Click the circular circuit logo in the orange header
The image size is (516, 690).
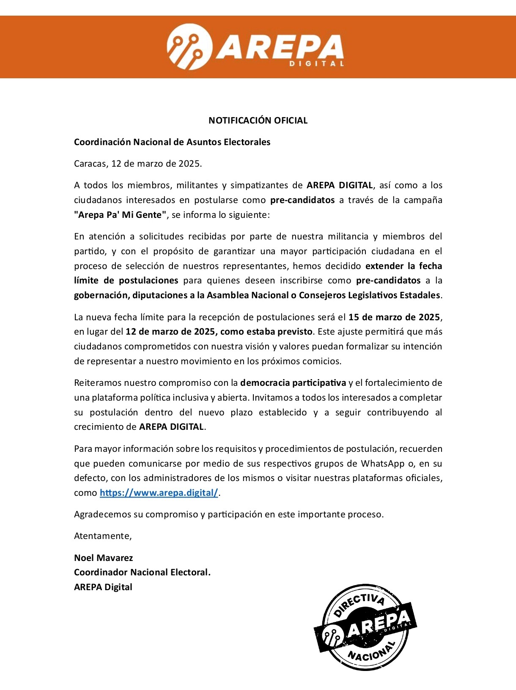point(189,47)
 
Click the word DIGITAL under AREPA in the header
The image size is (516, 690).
point(316,63)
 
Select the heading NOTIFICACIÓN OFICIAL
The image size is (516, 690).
point(258,121)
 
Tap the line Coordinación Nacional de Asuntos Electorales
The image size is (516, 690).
point(172,142)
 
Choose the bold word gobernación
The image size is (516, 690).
point(101,295)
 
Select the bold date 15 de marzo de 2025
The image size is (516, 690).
point(394,317)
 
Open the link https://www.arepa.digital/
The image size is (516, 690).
point(159,493)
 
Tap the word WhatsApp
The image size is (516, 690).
point(383,463)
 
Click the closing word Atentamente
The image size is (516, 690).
point(103,536)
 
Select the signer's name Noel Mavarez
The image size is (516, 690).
point(104,558)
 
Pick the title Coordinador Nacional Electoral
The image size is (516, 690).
point(142,572)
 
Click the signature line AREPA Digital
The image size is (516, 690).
point(103,587)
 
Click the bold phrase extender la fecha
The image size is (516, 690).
point(403,266)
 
